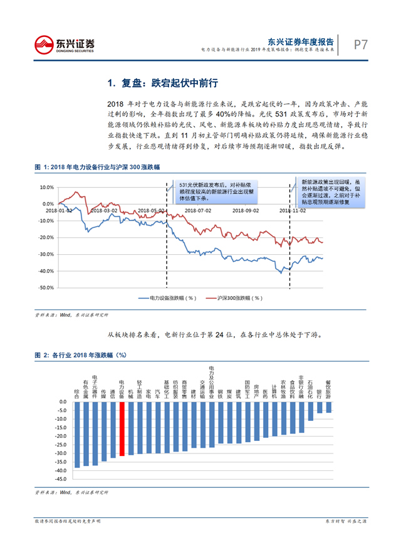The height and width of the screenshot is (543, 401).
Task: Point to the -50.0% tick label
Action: click(x=46, y=288)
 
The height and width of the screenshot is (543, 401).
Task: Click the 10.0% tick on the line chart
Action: click(x=46, y=187)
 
